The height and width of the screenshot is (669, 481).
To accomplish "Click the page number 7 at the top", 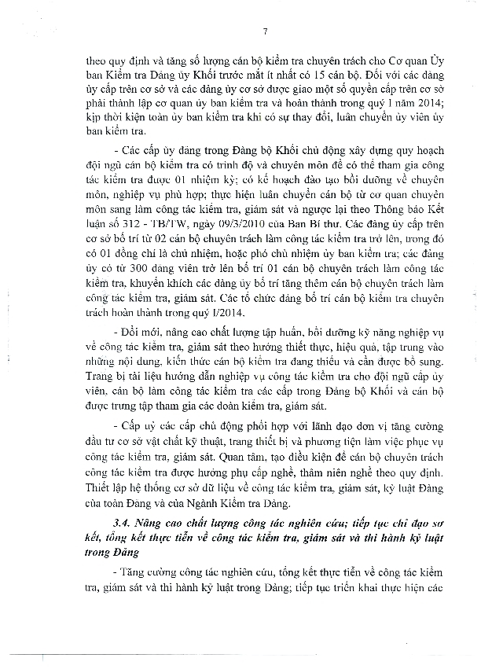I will pyautogui.click(x=266, y=31).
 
